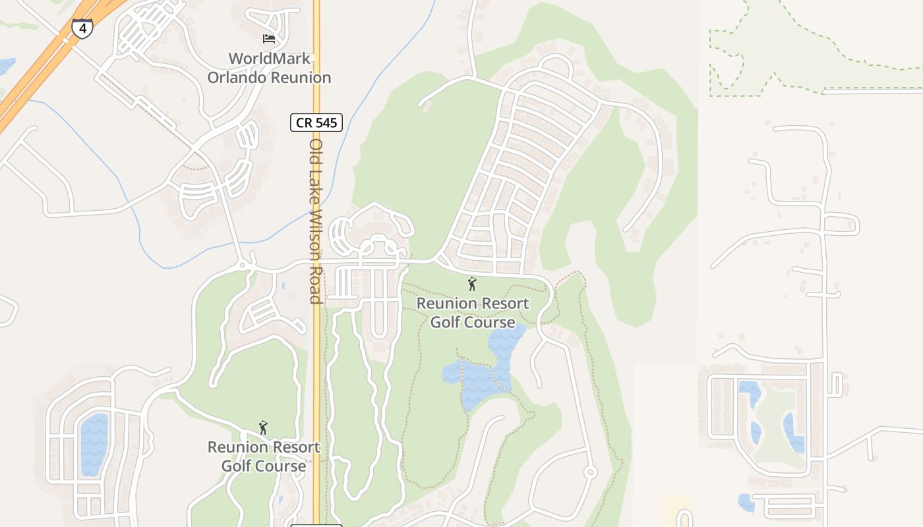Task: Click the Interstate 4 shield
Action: pos(82,28)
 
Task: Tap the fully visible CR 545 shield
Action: pos(316,122)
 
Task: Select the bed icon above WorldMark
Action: pos(269,38)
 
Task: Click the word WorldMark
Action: pos(269,59)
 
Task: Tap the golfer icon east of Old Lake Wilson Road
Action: pos(472,285)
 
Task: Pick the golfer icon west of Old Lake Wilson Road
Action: pos(264,428)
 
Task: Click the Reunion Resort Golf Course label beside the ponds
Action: pos(472,313)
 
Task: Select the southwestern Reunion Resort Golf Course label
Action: pos(264,457)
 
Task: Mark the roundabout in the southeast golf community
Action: pos(590,472)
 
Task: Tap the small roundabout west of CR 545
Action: pos(243,265)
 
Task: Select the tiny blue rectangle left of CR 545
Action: pos(283,287)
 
